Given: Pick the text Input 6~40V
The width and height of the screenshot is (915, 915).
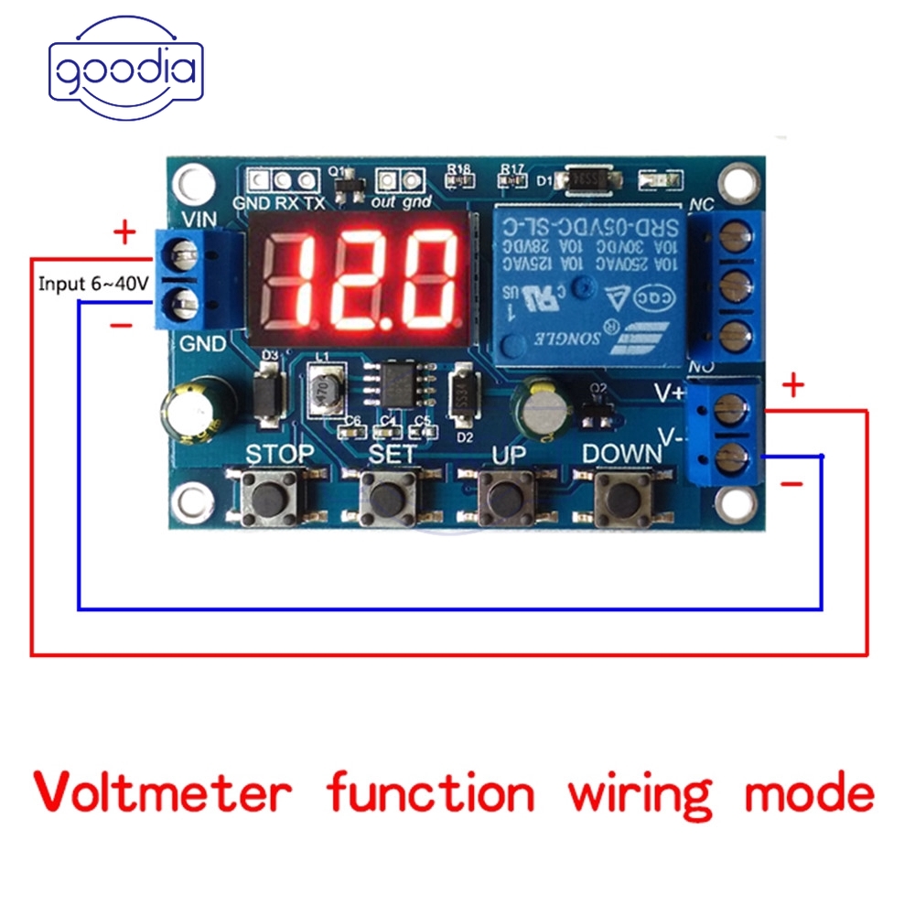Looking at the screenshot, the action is coord(92,284).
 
